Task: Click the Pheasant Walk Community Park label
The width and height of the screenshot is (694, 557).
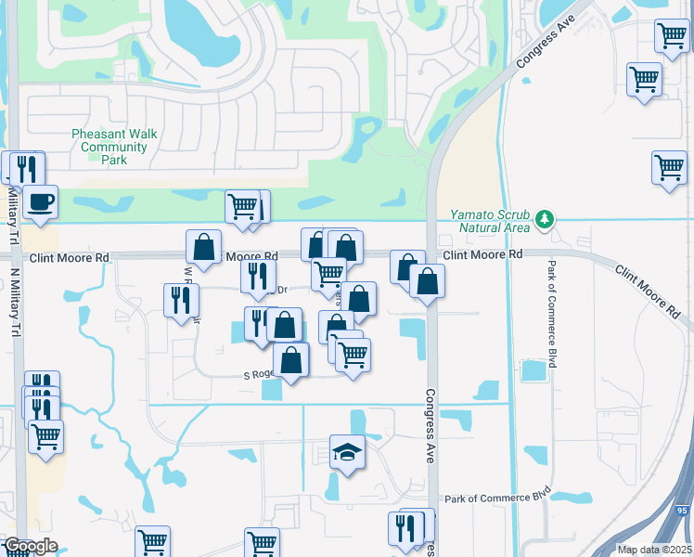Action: click(x=114, y=147)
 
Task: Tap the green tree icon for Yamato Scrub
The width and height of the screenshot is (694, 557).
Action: click(x=546, y=220)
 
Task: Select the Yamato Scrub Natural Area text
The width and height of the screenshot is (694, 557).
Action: click(x=490, y=220)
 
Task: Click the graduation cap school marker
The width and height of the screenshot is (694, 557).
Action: click(x=347, y=452)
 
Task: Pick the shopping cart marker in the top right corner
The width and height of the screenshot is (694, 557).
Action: click(x=671, y=36)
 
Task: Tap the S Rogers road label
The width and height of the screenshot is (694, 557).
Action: click(x=260, y=375)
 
